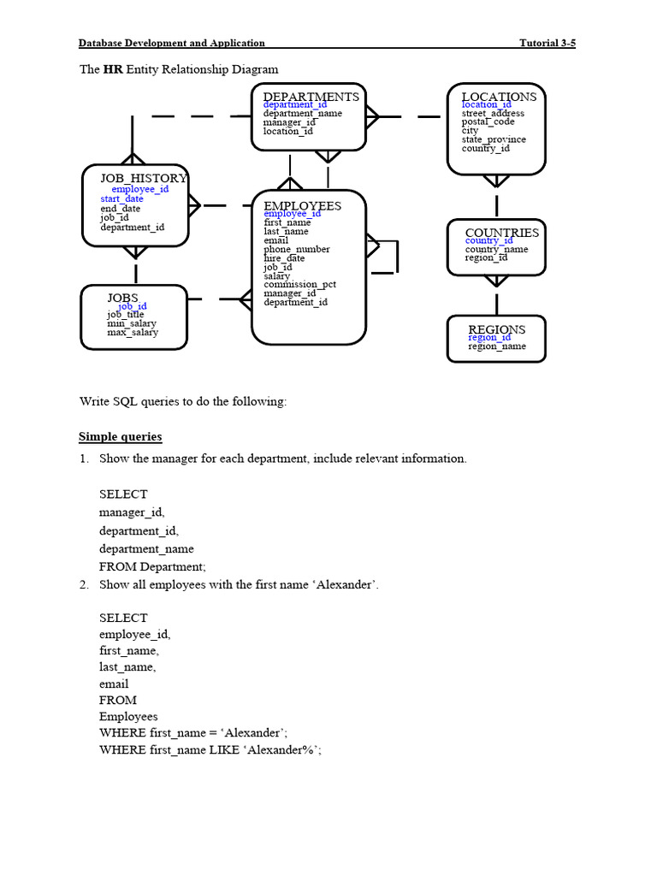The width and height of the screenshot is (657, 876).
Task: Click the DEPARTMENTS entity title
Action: point(311,97)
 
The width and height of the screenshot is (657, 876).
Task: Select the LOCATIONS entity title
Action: point(499,97)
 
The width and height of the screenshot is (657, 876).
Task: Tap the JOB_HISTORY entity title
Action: point(143,178)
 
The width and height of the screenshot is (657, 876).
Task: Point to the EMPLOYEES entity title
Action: point(302,205)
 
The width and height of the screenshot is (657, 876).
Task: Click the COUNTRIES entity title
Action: point(502,233)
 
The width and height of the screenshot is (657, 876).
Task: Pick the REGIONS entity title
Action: point(496,329)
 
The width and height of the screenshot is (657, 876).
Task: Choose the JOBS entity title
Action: point(122,298)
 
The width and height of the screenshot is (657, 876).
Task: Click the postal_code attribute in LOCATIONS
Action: point(488,122)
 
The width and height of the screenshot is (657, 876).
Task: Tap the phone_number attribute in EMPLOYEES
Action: point(297,249)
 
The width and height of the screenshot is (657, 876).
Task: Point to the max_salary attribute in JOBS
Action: point(132,332)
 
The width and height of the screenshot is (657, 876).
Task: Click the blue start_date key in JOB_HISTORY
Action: point(121,198)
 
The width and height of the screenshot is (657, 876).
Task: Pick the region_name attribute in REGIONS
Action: point(497,346)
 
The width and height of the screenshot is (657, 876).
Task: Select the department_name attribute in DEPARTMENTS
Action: point(302,113)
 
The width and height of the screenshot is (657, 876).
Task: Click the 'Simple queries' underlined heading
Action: point(120,437)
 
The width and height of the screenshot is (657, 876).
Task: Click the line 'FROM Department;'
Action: point(152,566)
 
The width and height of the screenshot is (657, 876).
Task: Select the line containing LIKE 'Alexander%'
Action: point(210,749)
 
